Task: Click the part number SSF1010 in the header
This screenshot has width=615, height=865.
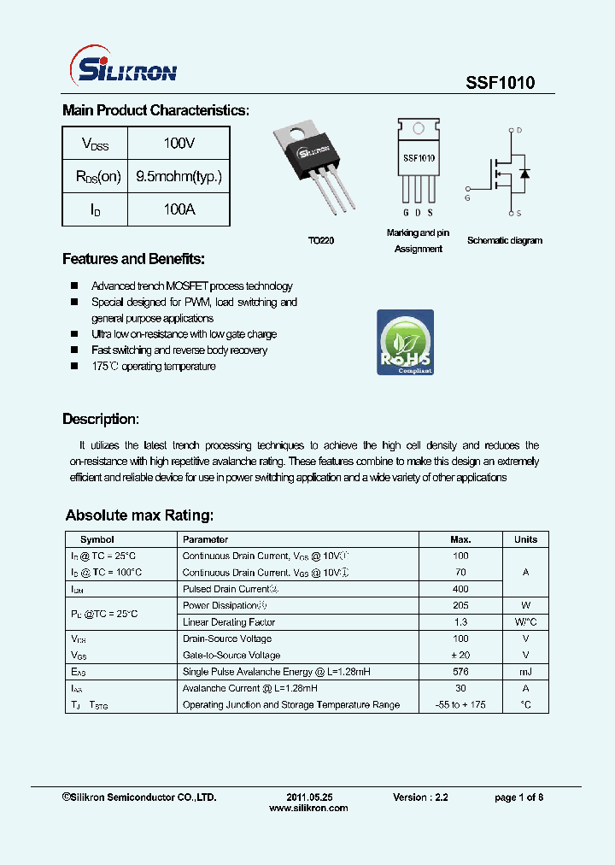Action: (x=501, y=83)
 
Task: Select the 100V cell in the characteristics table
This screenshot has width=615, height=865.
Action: (x=179, y=144)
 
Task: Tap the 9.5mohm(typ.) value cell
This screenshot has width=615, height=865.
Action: (x=179, y=177)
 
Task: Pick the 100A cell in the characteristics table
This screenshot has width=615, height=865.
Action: (x=179, y=209)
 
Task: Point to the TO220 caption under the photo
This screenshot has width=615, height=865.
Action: (x=321, y=241)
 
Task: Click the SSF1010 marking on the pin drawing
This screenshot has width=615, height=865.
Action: (x=419, y=158)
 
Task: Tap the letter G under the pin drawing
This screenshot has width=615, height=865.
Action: (x=406, y=213)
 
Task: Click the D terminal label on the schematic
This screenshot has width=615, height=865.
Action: (x=518, y=131)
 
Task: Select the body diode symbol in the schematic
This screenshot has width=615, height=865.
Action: (x=524, y=174)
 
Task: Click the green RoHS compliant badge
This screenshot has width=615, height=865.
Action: (x=406, y=343)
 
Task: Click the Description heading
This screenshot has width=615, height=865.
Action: (x=100, y=420)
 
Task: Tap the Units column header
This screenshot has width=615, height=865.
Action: (x=525, y=539)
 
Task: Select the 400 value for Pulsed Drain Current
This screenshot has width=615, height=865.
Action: (x=460, y=589)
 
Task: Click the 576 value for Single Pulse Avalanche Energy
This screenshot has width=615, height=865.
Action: (x=460, y=672)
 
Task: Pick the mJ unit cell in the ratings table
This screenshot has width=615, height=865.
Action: (x=525, y=672)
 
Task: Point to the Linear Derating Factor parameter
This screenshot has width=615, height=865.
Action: (x=228, y=622)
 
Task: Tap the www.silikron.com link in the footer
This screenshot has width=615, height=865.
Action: (x=308, y=809)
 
